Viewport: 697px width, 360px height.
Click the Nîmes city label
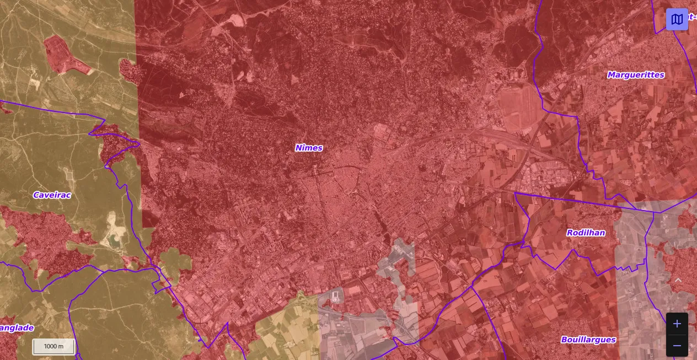pyautogui.click(x=309, y=148)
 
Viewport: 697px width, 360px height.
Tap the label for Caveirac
pyautogui.click(x=52, y=195)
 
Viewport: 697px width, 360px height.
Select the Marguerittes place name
pyautogui.click(x=636, y=75)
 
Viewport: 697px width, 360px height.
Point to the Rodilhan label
pyautogui.click(x=586, y=233)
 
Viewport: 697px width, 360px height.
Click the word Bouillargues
pyautogui.click(x=588, y=340)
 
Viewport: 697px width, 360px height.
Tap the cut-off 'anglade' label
pyautogui.click(x=17, y=328)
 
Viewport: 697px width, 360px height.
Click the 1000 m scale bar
pyautogui.click(x=53, y=346)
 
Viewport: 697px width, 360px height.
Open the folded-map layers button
pyautogui.click(x=677, y=19)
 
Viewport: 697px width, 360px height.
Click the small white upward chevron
pyautogui.click(x=678, y=280)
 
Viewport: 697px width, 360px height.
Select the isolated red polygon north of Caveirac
pyautogui.click(x=66, y=55)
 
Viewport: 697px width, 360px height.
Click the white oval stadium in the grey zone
pyautogui.click(x=336, y=297)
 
